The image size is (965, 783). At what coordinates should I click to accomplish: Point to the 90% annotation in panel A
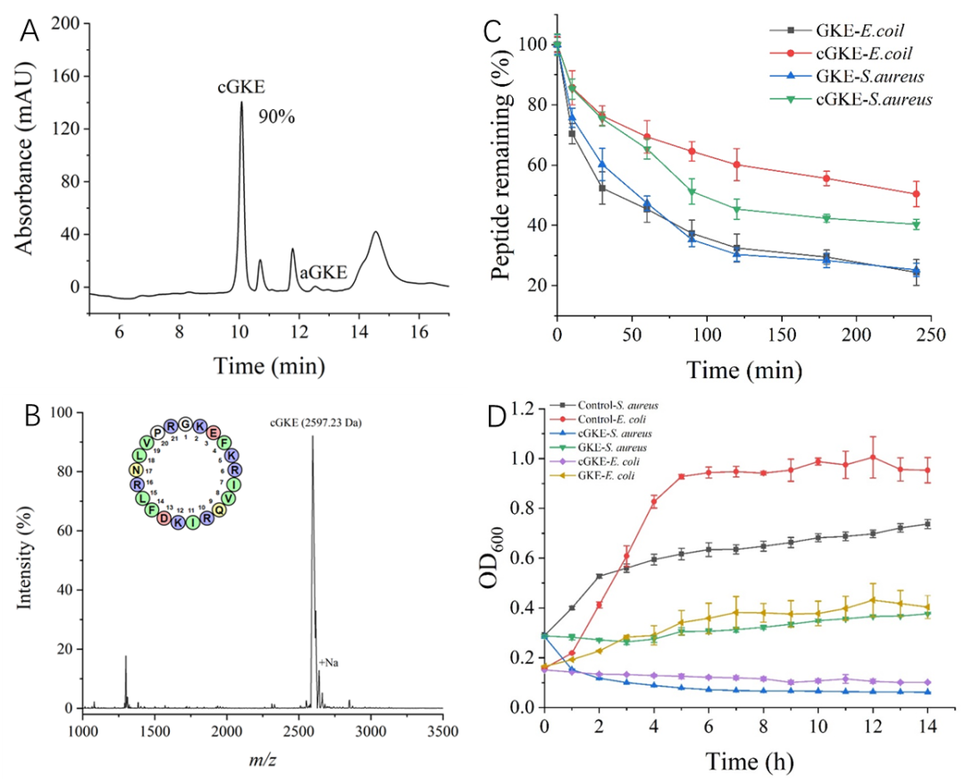coord(279,117)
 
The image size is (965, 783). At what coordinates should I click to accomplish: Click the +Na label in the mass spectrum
coord(330,661)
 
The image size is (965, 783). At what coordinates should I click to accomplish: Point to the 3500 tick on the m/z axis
coord(441,728)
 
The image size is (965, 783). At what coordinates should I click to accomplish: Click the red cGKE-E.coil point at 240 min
coord(916,193)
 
